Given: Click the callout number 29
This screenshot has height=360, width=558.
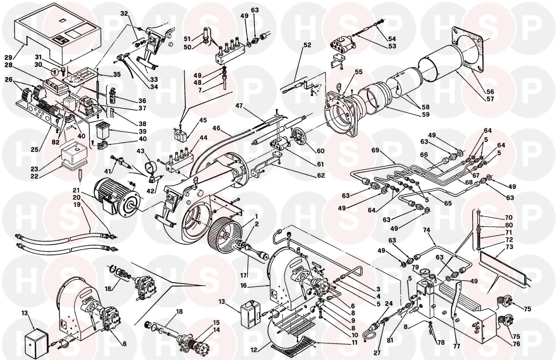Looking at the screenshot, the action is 8,58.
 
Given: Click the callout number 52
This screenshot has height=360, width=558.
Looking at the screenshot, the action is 307,45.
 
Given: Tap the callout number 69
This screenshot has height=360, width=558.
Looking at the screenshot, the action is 375,150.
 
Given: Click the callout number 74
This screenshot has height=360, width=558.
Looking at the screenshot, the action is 426,230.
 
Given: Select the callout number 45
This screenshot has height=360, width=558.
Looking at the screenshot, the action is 203,120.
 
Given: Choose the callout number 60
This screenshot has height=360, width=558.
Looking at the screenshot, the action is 320,151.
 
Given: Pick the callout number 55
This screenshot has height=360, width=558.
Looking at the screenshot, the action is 359,72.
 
